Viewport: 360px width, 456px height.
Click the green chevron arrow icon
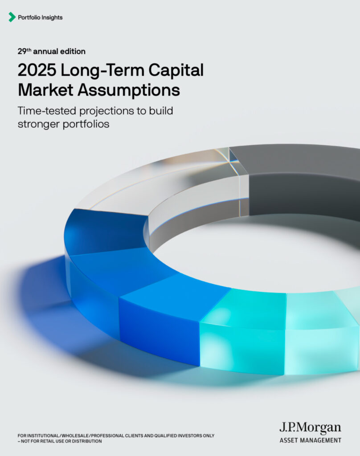coord(12,17)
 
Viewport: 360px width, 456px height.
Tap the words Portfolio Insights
coord(40,17)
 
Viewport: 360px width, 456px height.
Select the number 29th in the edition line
coord(24,51)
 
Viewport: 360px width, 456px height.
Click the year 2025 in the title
coord(37,70)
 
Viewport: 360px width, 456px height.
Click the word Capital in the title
coord(176,71)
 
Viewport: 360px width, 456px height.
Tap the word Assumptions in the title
coord(129,90)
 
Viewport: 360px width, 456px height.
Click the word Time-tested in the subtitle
coord(47,111)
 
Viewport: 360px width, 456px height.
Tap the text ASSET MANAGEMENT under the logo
coord(310,440)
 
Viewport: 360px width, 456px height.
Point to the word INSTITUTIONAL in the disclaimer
coord(43,436)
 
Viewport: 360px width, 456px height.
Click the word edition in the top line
coord(73,52)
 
